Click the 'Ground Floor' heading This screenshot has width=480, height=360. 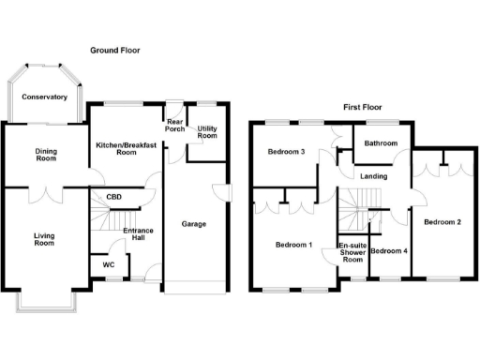[x=114, y=50]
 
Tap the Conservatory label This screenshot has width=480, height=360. [x=45, y=97]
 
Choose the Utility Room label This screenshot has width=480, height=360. [x=207, y=131]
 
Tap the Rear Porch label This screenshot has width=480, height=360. [x=174, y=126]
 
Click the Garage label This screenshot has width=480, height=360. [x=193, y=224]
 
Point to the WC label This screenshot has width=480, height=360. [x=108, y=264]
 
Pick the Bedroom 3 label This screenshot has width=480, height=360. [x=286, y=152]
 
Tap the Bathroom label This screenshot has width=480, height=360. [x=381, y=144]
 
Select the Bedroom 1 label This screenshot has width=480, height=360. [x=293, y=246]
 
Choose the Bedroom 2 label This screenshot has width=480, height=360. [x=442, y=222]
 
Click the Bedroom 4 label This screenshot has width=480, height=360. [x=389, y=251]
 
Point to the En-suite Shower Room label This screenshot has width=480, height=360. [x=352, y=253]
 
